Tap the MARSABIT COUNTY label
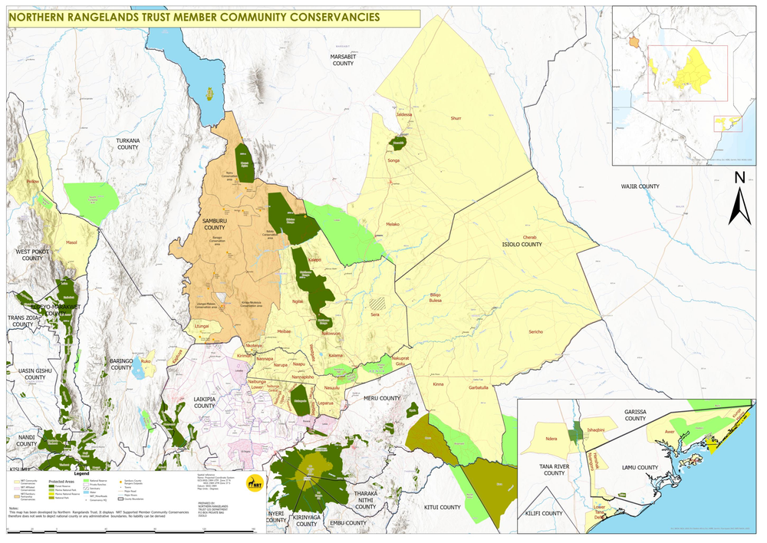(342, 60)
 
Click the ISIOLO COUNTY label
(522, 245)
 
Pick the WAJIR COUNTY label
(640, 186)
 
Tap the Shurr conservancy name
(456, 119)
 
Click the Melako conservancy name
(393, 224)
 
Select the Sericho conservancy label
(535, 331)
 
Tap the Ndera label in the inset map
(550, 439)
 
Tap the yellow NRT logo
(251, 483)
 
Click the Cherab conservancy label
(530, 237)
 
